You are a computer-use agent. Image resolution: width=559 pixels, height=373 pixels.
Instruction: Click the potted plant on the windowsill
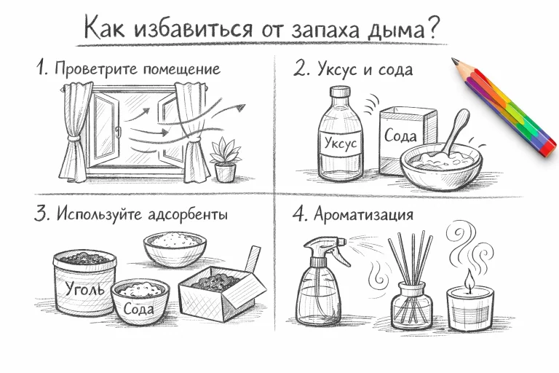pos(223,160)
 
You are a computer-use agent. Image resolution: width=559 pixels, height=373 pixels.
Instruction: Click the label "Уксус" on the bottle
pos(340,143)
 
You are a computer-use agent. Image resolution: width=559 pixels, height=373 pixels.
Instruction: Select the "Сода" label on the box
pos(401,136)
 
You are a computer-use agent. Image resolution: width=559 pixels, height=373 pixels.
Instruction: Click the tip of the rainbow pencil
pos(455,61)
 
